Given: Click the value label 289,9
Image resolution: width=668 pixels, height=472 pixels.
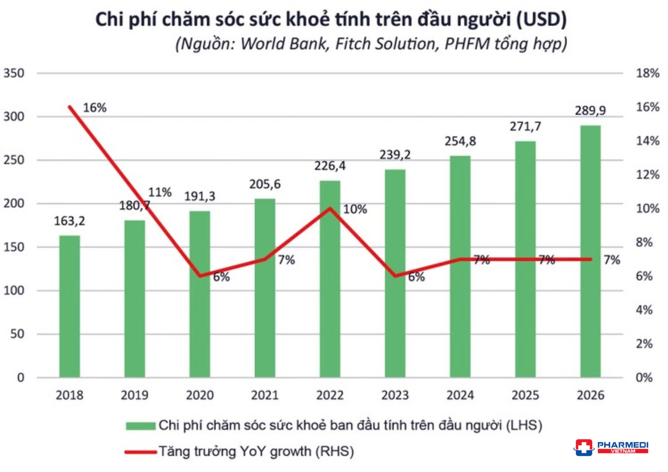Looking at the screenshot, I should (590, 110).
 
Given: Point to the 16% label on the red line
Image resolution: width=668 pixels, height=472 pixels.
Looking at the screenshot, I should (95, 108).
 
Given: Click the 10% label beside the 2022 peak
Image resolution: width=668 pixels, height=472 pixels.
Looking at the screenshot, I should (355, 209).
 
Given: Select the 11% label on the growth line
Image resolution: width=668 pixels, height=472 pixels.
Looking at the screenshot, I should (160, 192).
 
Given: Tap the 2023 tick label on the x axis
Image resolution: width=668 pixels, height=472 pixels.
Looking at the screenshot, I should (395, 395).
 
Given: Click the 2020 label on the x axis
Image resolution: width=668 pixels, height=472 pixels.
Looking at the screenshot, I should (200, 395).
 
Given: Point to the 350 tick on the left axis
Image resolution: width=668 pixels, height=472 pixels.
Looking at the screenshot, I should (14, 73).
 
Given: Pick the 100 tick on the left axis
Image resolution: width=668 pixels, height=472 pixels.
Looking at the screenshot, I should (14, 290).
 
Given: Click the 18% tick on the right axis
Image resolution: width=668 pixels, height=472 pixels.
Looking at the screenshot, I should (647, 73).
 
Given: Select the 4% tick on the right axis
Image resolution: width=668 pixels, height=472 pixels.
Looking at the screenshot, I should (644, 310).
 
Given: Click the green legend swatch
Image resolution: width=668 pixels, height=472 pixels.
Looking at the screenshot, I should (141, 426).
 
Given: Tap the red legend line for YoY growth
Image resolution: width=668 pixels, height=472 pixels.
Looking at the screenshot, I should (141, 452).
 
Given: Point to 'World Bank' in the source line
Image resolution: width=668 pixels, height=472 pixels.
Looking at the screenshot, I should (284, 44).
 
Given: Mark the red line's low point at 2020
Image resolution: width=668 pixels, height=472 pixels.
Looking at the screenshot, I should (200, 276).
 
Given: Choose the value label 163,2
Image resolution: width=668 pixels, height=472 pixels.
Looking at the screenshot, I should (69, 221).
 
